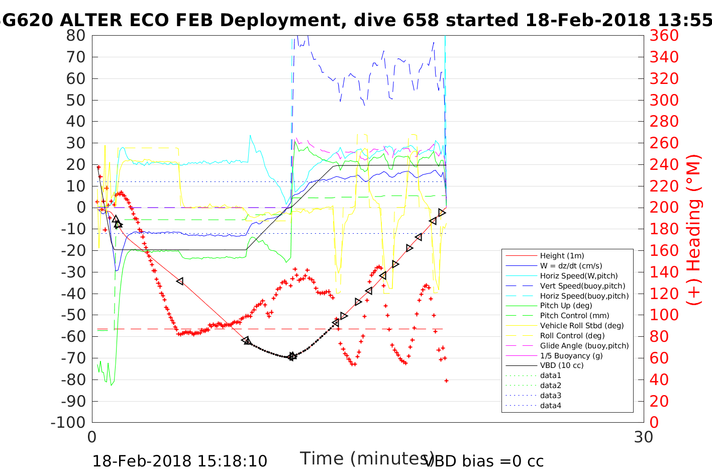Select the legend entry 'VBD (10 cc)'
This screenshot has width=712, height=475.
click(x=562, y=365)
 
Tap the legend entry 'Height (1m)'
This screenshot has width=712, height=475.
click(x=562, y=256)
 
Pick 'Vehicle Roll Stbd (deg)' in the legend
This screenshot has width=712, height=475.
click(x=582, y=326)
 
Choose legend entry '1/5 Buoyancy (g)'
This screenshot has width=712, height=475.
click(x=571, y=356)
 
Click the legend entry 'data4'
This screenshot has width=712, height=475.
click(x=551, y=406)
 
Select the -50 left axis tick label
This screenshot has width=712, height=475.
click(x=73, y=315)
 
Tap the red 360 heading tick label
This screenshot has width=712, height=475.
click(x=664, y=36)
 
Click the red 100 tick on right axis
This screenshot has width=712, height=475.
click(x=664, y=315)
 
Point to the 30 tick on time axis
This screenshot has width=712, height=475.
click(x=644, y=437)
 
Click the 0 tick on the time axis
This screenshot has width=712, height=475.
click(x=92, y=437)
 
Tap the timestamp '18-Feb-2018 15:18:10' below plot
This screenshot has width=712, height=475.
click(x=180, y=461)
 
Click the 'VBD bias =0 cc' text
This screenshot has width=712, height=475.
click(x=484, y=461)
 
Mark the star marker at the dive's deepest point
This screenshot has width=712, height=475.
click(x=292, y=356)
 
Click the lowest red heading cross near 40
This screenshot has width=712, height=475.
click(x=446, y=381)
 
